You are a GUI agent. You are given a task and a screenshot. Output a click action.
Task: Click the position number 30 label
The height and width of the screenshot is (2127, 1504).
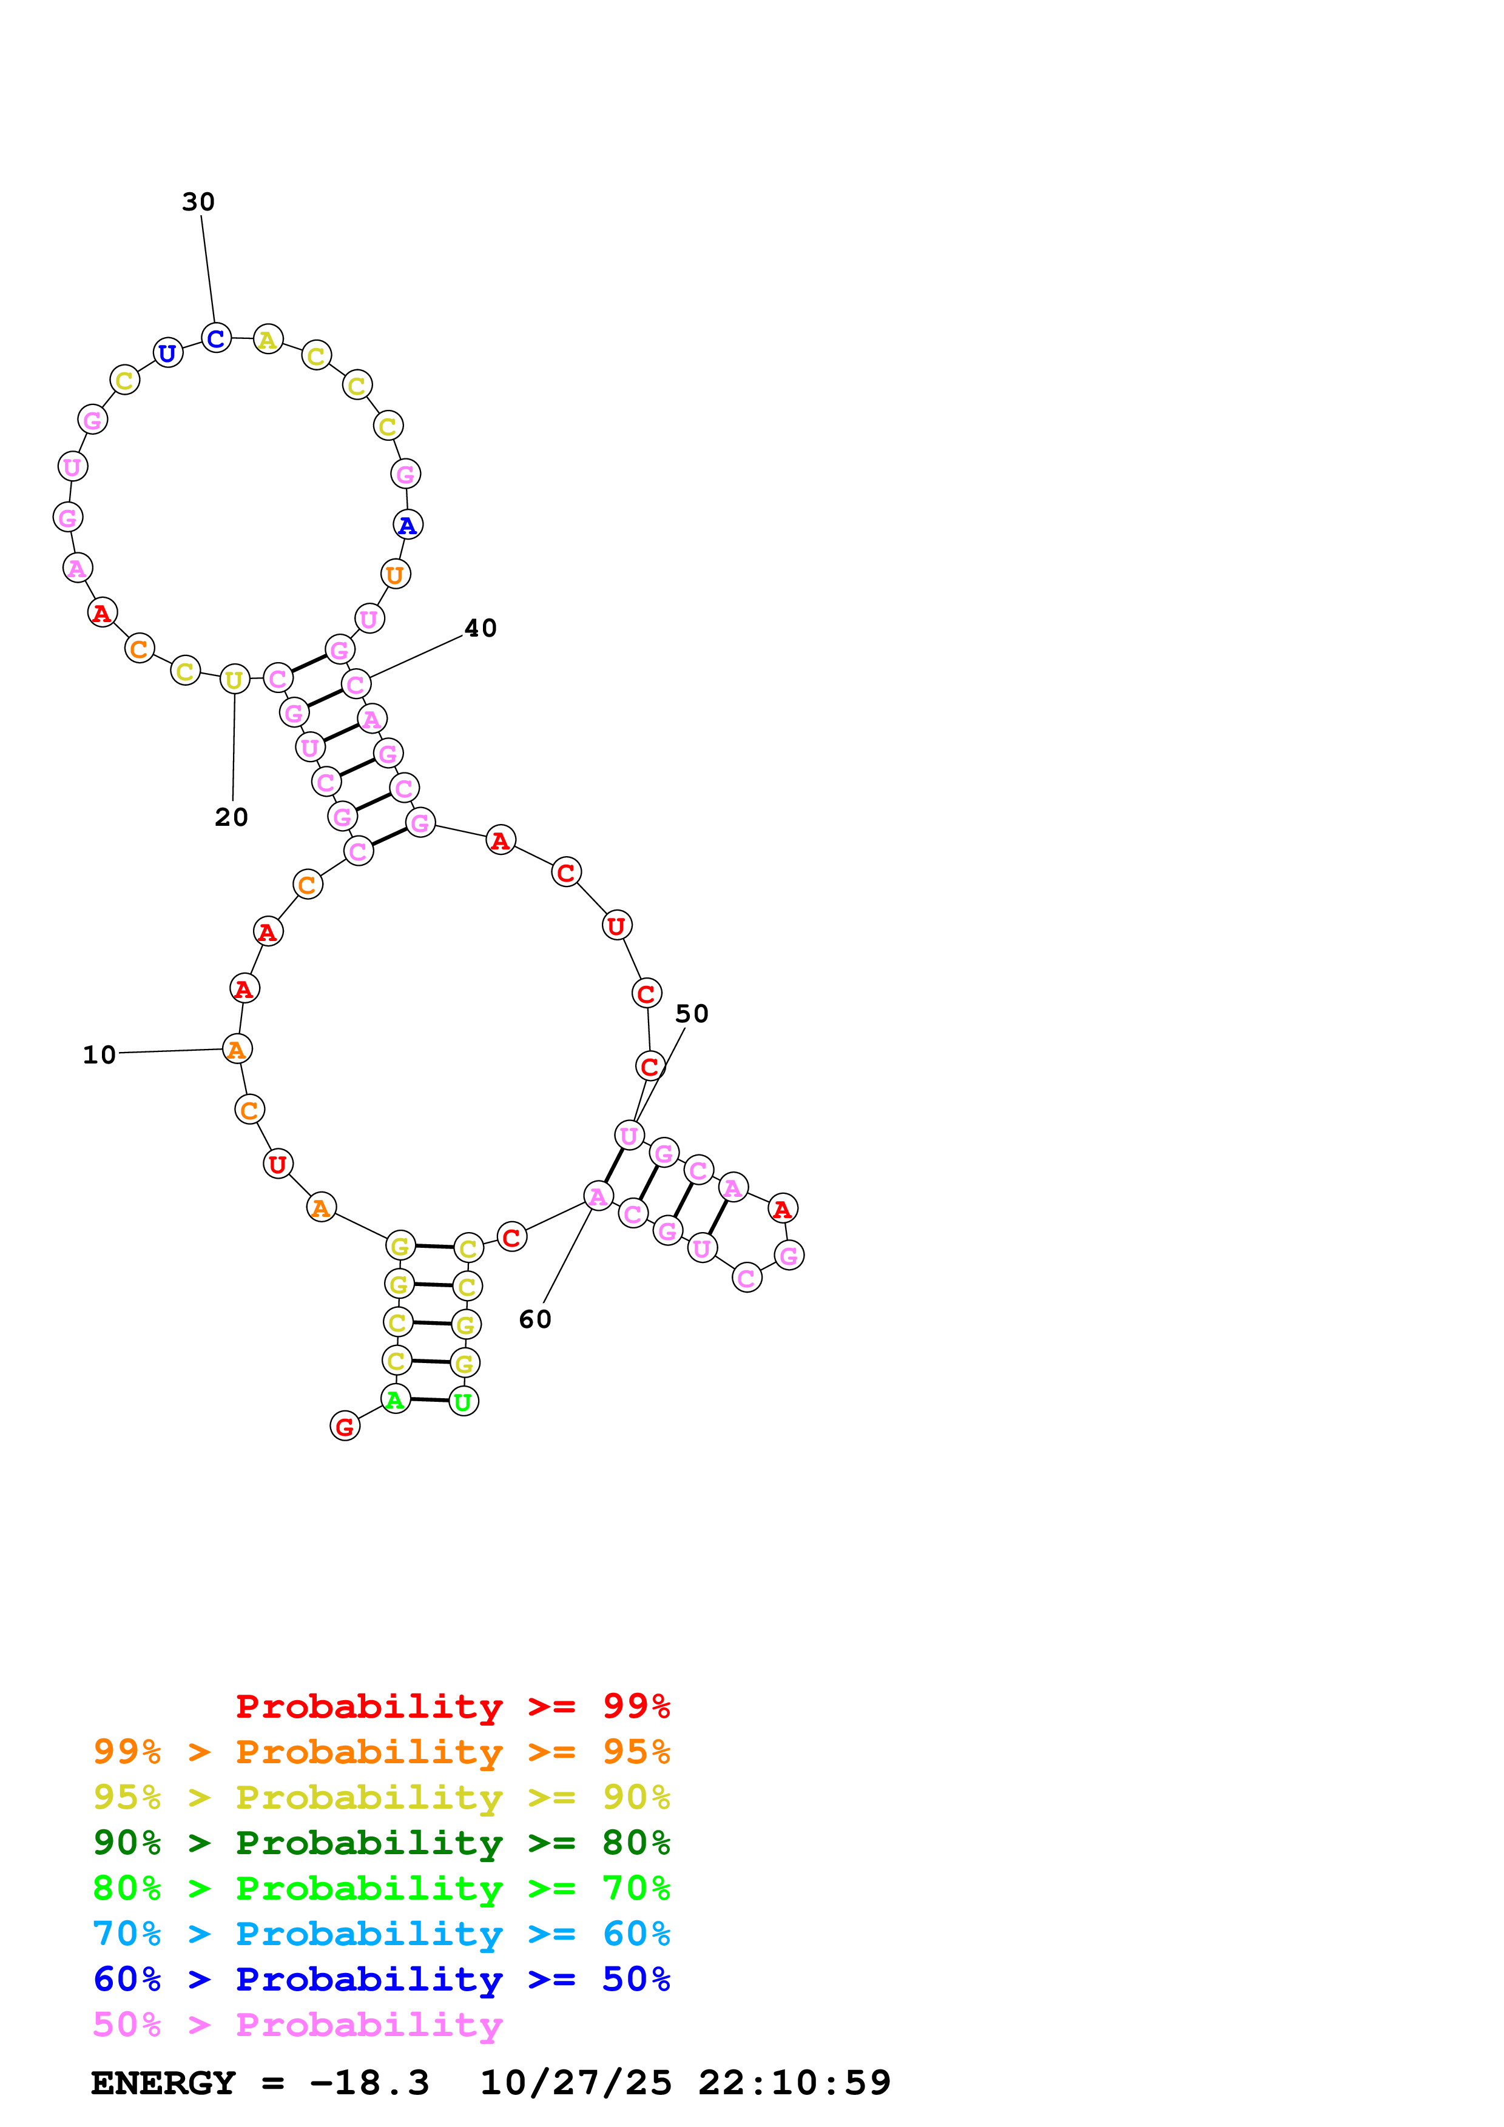(198, 202)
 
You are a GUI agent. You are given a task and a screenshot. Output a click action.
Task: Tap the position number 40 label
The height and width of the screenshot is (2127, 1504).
(480, 628)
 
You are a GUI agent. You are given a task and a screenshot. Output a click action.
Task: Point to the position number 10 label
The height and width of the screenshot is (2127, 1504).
(99, 1055)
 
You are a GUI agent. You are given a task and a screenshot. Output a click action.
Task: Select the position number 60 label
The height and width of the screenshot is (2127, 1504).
(534, 1319)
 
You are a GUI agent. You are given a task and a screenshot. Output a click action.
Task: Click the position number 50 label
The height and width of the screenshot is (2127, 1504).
(691, 1013)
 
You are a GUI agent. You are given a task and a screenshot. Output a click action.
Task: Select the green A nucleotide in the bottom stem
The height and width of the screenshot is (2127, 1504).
(396, 1399)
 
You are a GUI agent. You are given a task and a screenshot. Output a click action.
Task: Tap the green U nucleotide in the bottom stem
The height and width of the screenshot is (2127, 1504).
(464, 1402)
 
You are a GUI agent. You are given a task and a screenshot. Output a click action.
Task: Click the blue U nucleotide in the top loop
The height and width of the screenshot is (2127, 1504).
(167, 353)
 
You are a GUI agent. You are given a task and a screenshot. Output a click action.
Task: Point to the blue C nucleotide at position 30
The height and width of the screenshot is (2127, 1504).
(216, 338)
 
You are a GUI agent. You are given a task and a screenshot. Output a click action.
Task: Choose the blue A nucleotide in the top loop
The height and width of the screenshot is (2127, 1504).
(408, 525)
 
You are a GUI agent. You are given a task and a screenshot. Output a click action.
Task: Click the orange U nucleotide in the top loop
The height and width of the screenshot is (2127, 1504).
(396, 574)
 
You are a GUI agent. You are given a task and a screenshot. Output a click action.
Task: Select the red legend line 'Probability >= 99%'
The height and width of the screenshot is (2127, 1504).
(453, 1706)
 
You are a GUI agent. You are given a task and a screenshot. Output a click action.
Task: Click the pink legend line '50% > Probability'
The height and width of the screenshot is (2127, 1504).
(297, 2025)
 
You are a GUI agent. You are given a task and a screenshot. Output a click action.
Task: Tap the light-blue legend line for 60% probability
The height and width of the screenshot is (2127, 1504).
(382, 1934)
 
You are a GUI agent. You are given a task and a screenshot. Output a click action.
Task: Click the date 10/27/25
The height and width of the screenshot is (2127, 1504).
(576, 2083)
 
